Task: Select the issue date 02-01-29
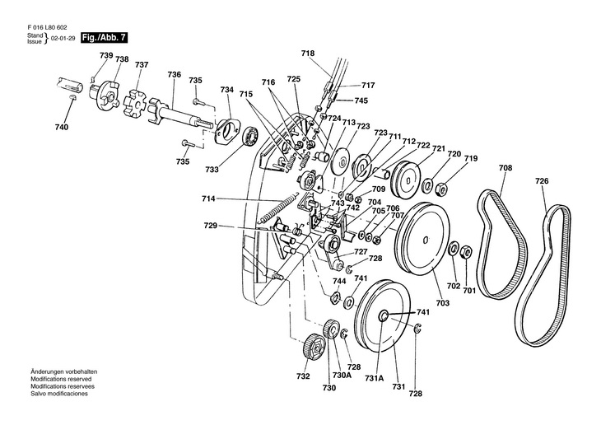pyautogui.click(x=61, y=39)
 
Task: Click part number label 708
pyautogui.click(x=505, y=168)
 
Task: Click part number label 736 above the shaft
pyautogui.click(x=174, y=74)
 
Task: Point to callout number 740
pyautogui.click(x=61, y=127)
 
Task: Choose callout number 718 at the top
pyautogui.click(x=308, y=54)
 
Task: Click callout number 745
pyautogui.click(x=361, y=100)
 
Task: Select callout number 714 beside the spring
pyautogui.click(x=207, y=199)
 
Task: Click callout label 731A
pyautogui.click(x=375, y=378)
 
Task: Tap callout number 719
pyautogui.click(x=471, y=158)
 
